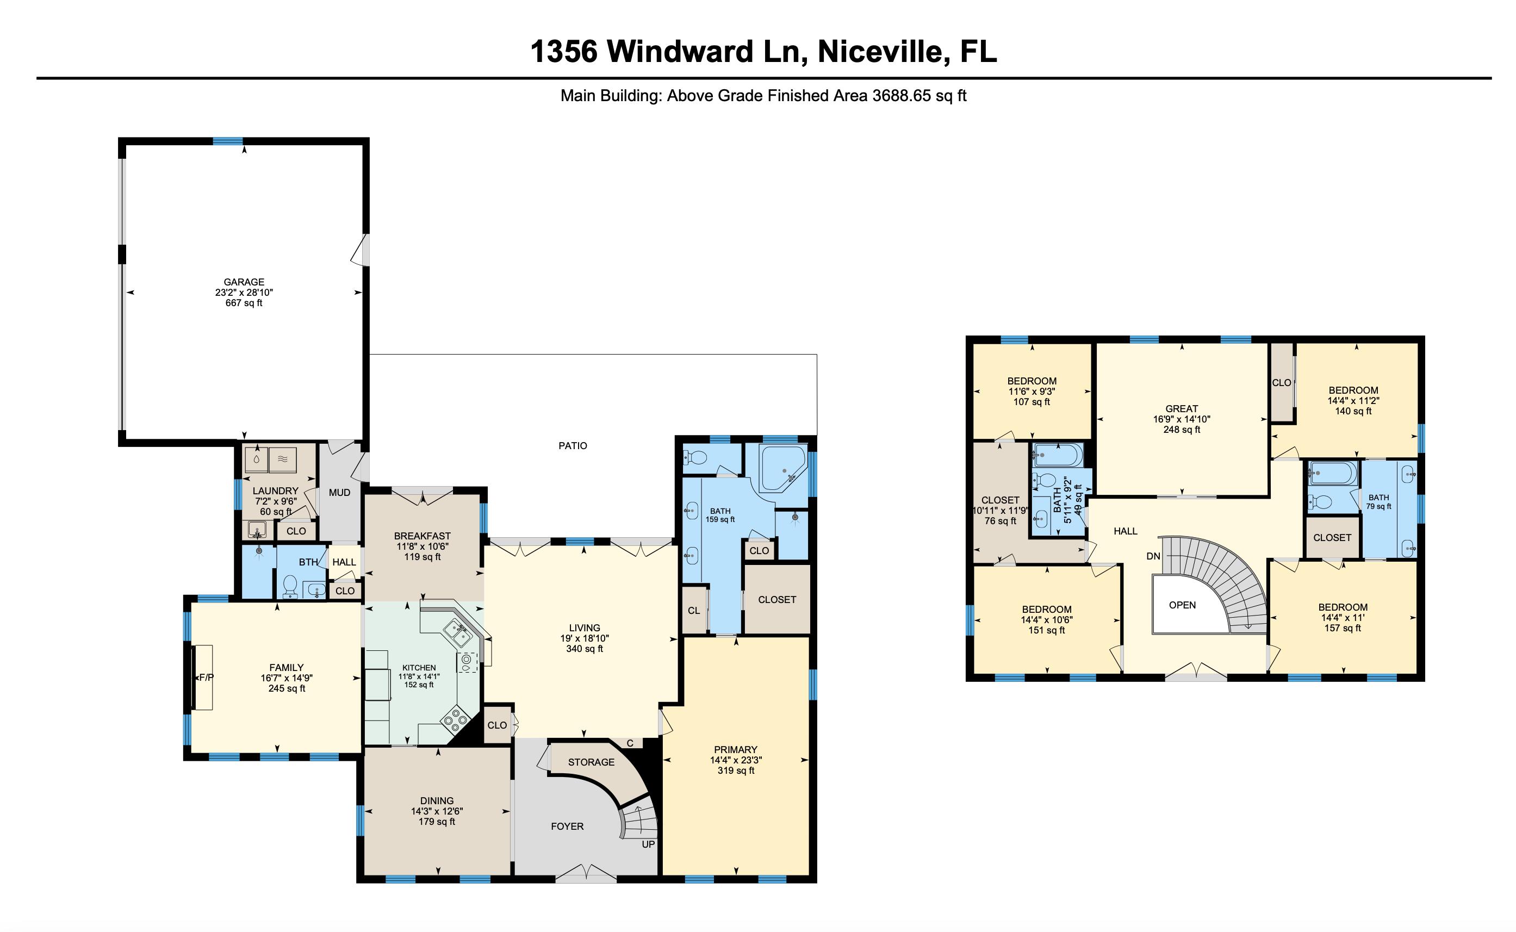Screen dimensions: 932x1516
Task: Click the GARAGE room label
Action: point(244,282)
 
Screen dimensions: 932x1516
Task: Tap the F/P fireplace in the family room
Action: point(204,678)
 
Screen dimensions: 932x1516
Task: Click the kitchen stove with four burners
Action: point(454,720)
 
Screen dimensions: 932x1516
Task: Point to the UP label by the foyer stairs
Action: point(648,844)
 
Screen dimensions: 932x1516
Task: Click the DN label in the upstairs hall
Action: point(1153,556)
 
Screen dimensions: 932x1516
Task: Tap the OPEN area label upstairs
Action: point(1182,605)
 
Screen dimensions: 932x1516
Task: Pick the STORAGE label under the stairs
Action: point(591,762)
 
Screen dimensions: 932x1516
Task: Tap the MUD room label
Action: point(339,493)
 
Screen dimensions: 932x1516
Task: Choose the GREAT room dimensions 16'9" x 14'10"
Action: point(1182,419)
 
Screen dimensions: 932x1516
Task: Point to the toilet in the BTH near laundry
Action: point(289,586)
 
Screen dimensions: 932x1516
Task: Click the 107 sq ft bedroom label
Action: point(1031,402)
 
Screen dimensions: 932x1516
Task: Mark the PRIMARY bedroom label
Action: point(735,749)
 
